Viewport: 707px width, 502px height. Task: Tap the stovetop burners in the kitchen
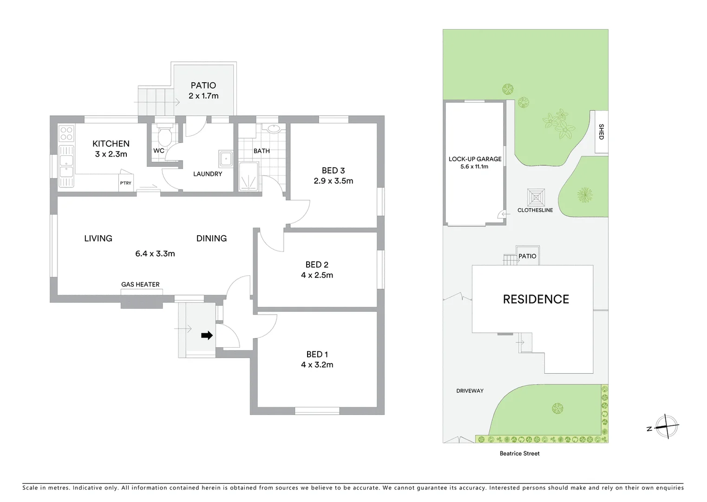(67, 133)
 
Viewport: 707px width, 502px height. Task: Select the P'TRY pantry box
(126, 183)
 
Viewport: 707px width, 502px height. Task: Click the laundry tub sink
(226, 159)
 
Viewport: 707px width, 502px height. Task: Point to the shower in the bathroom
(250, 177)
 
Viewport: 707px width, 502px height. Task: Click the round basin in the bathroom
(272, 129)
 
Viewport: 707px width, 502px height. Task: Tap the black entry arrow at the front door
(207, 335)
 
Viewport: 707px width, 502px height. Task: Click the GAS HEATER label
(140, 284)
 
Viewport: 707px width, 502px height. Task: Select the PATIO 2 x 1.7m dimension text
(203, 96)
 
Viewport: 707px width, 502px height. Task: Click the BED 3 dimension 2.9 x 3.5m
(333, 181)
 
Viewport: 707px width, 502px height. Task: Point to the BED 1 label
(317, 354)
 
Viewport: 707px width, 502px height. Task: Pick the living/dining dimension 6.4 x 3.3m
(155, 253)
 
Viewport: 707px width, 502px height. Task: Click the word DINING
(211, 238)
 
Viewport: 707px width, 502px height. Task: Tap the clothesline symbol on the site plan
(536, 197)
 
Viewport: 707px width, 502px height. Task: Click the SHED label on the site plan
(601, 132)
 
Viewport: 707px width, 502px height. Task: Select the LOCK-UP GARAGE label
(475, 159)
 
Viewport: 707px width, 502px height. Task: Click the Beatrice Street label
(519, 453)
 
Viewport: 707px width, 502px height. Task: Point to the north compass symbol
(667, 426)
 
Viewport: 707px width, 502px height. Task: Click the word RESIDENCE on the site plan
(536, 299)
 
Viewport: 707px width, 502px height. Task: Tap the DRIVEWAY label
(470, 391)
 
